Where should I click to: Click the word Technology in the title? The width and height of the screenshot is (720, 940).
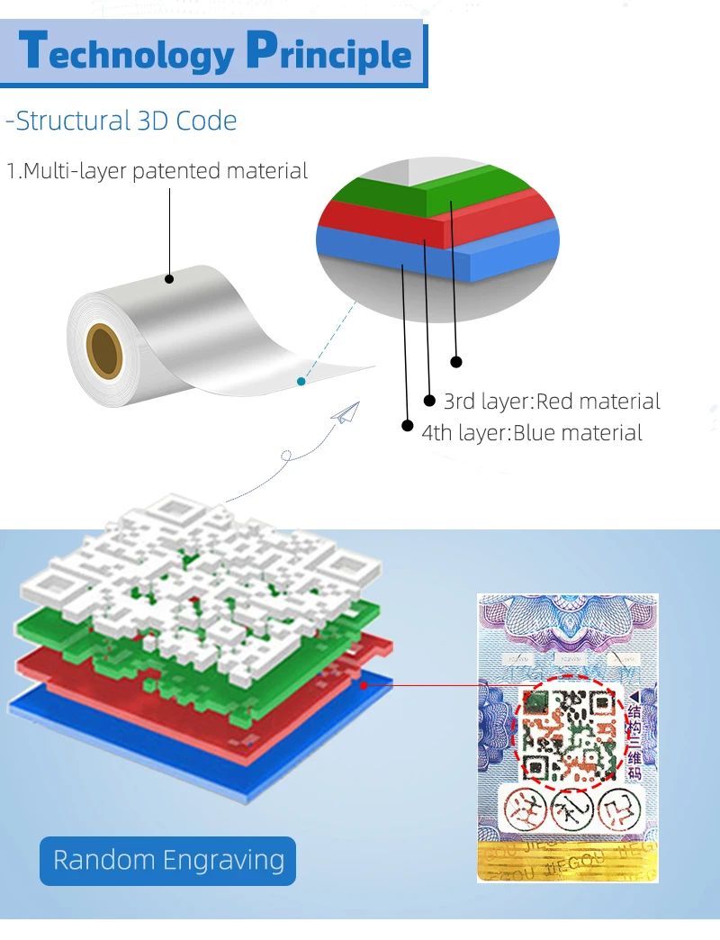(x=126, y=53)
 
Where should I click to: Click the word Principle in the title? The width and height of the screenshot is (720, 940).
(x=328, y=53)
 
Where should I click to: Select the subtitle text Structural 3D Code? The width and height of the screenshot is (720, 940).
(x=121, y=121)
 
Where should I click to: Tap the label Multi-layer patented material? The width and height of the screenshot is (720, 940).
(x=157, y=171)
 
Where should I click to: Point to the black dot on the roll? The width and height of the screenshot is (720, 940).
(x=168, y=280)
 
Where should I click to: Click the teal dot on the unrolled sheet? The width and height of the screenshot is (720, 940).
(x=301, y=382)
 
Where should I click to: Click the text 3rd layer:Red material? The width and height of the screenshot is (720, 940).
(x=552, y=402)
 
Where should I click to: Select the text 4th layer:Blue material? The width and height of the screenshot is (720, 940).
(x=532, y=433)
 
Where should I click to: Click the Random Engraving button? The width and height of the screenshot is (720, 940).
(x=168, y=860)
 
